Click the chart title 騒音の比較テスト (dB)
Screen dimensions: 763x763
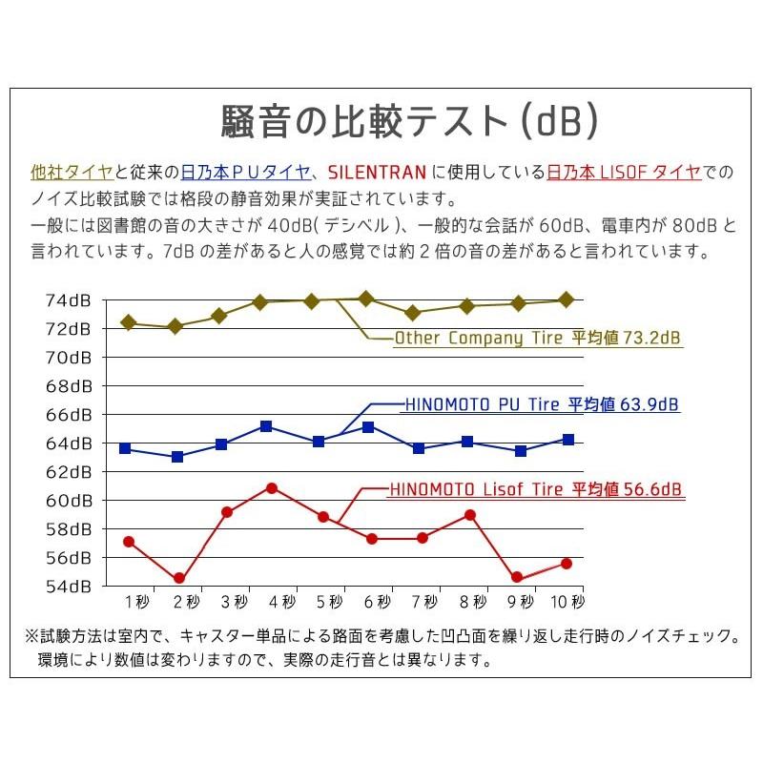point(409,120)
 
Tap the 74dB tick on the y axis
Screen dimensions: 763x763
point(68,300)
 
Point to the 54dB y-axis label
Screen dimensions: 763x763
point(68,586)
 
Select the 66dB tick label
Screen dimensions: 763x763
point(68,415)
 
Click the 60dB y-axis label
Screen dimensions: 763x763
point(68,501)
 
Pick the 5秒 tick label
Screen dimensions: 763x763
point(329,603)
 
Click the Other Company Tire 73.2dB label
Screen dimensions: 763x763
point(539,339)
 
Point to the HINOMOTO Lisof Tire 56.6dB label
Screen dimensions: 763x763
point(535,490)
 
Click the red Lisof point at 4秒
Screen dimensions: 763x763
point(272,488)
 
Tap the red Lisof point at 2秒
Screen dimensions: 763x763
point(178,578)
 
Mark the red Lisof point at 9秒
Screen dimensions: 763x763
point(517,577)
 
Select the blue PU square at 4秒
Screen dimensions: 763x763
point(266,426)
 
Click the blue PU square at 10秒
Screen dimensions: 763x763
point(568,440)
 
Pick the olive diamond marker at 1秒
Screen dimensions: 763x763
point(129,322)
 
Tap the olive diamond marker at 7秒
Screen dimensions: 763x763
point(412,313)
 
